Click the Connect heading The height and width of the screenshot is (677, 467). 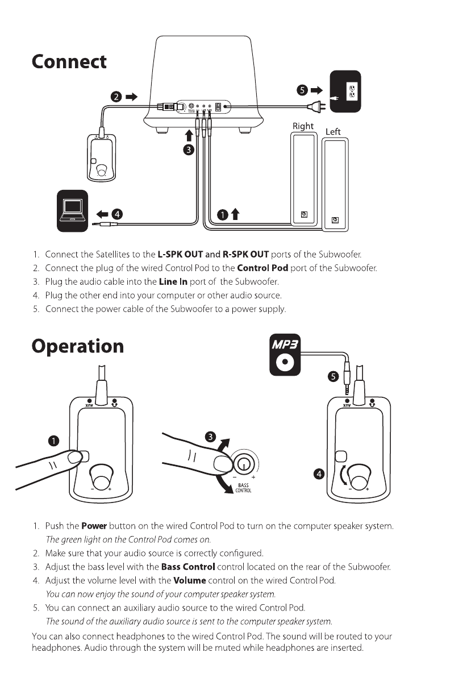(69, 61)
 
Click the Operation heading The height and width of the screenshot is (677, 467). (77, 346)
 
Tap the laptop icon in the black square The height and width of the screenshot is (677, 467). (72, 210)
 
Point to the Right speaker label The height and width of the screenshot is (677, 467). (303, 126)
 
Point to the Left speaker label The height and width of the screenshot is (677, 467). (333, 132)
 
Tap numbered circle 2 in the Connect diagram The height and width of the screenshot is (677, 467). (115, 97)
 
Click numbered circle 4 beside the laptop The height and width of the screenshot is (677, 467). (117, 214)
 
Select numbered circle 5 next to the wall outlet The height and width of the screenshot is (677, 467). (302, 90)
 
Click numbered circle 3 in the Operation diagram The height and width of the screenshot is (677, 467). (210, 437)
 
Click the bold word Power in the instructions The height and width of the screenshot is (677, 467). (94, 526)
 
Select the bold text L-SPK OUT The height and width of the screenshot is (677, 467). (180, 254)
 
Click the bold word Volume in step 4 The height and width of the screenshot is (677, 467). (189, 580)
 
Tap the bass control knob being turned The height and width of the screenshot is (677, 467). (244, 465)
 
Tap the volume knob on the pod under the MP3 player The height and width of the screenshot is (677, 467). (358, 475)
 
